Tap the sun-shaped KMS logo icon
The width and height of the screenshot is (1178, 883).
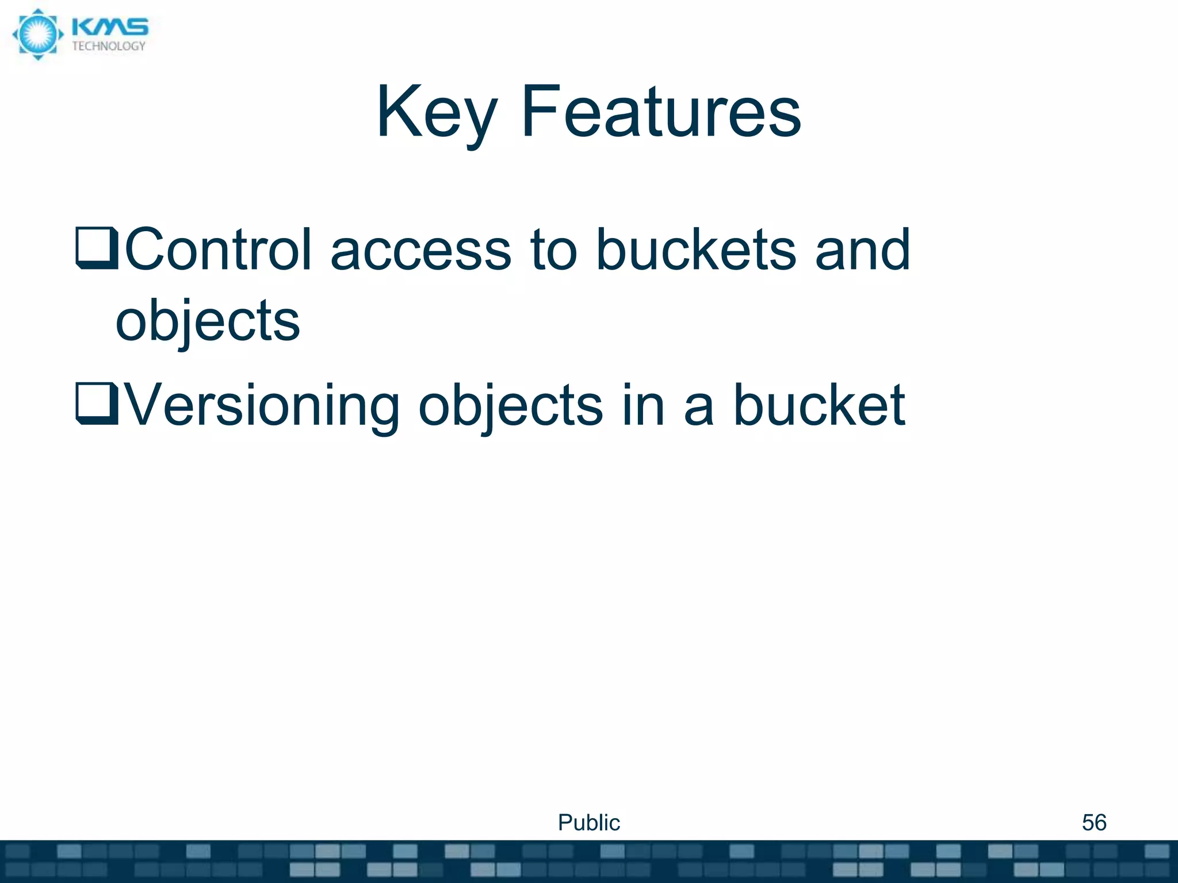(38, 34)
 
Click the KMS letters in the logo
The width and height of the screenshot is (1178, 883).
(110, 26)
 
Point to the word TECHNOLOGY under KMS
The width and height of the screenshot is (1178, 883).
(109, 47)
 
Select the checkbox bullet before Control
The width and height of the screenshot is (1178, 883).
(97, 248)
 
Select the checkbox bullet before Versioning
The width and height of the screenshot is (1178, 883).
(97, 404)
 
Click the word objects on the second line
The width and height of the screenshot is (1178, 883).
(208, 322)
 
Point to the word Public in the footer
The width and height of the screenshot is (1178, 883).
(588, 823)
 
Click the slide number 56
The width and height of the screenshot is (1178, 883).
(1093, 823)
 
